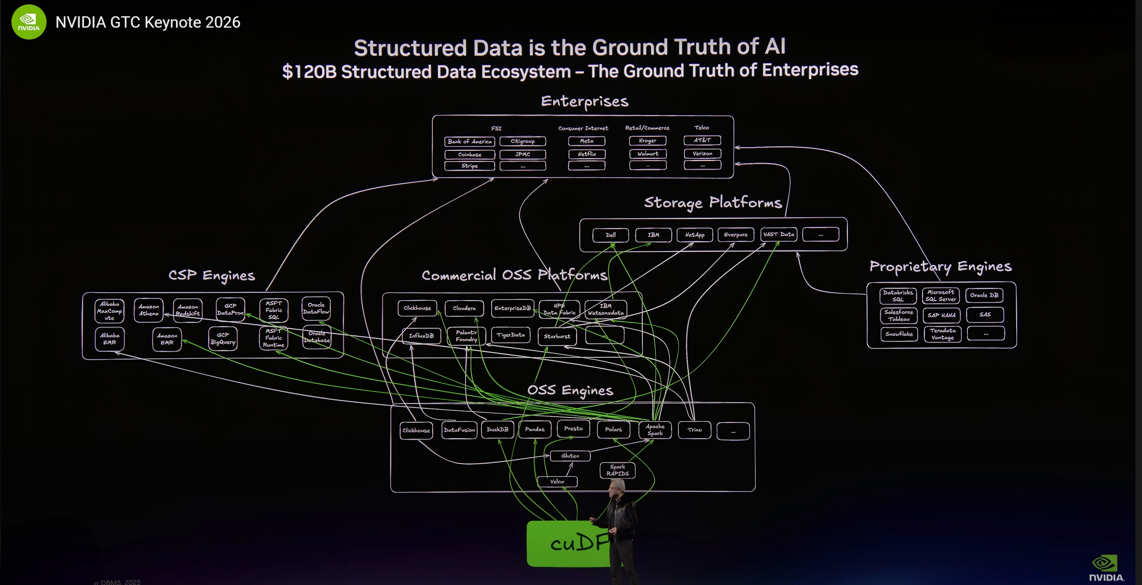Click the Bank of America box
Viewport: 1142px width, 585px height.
pyautogui.click(x=470, y=142)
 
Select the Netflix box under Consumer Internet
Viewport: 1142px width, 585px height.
pyautogui.click(x=587, y=154)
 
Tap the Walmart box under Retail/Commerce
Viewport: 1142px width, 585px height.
pyautogui.click(x=648, y=154)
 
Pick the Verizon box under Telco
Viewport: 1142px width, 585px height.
pyautogui.click(x=702, y=153)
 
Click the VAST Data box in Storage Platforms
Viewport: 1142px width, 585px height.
pyautogui.click(x=778, y=234)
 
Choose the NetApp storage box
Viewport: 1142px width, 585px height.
pyautogui.click(x=695, y=235)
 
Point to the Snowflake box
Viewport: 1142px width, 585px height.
pyautogui.click(x=899, y=334)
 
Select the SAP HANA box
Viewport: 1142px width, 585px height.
pyautogui.click(x=941, y=315)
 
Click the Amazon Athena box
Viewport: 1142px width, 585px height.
pyautogui.click(x=149, y=310)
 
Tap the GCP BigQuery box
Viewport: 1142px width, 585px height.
pyautogui.click(x=223, y=338)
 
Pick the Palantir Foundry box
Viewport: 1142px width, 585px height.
pyautogui.click(x=467, y=336)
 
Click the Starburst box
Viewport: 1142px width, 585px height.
pyautogui.click(x=557, y=336)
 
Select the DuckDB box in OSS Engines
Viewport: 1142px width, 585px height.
pyautogui.click(x=497, y=429)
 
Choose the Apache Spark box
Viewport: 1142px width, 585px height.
pyautogui.click(x=655, y=430)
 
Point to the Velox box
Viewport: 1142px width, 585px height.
pyautogui.click(x=557, y=481)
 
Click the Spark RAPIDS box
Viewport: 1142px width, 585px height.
pyautogui.click(x=617, y=470)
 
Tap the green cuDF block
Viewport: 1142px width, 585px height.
pyautogui.click(x=567, y=544)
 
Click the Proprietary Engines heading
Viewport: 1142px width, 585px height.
pyautogui.click(x=940, y=266)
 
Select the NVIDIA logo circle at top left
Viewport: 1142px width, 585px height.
pyautogui.click(x=29, y=22)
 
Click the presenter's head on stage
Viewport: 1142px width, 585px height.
pyautogui.click(x=616, y=491)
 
